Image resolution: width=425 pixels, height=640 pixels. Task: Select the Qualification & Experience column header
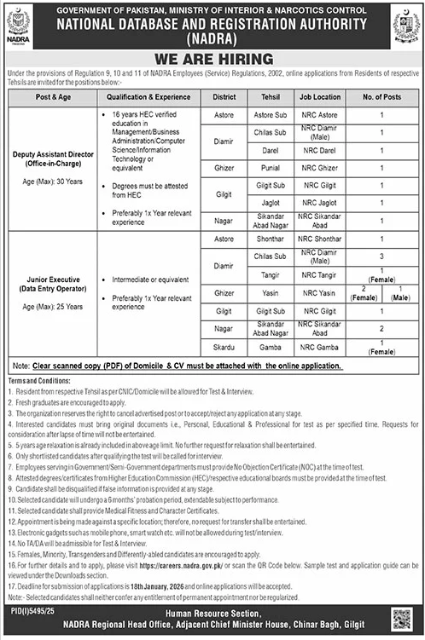[x=147, y=98]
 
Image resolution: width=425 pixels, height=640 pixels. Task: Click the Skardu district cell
[x=224, y=347]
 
